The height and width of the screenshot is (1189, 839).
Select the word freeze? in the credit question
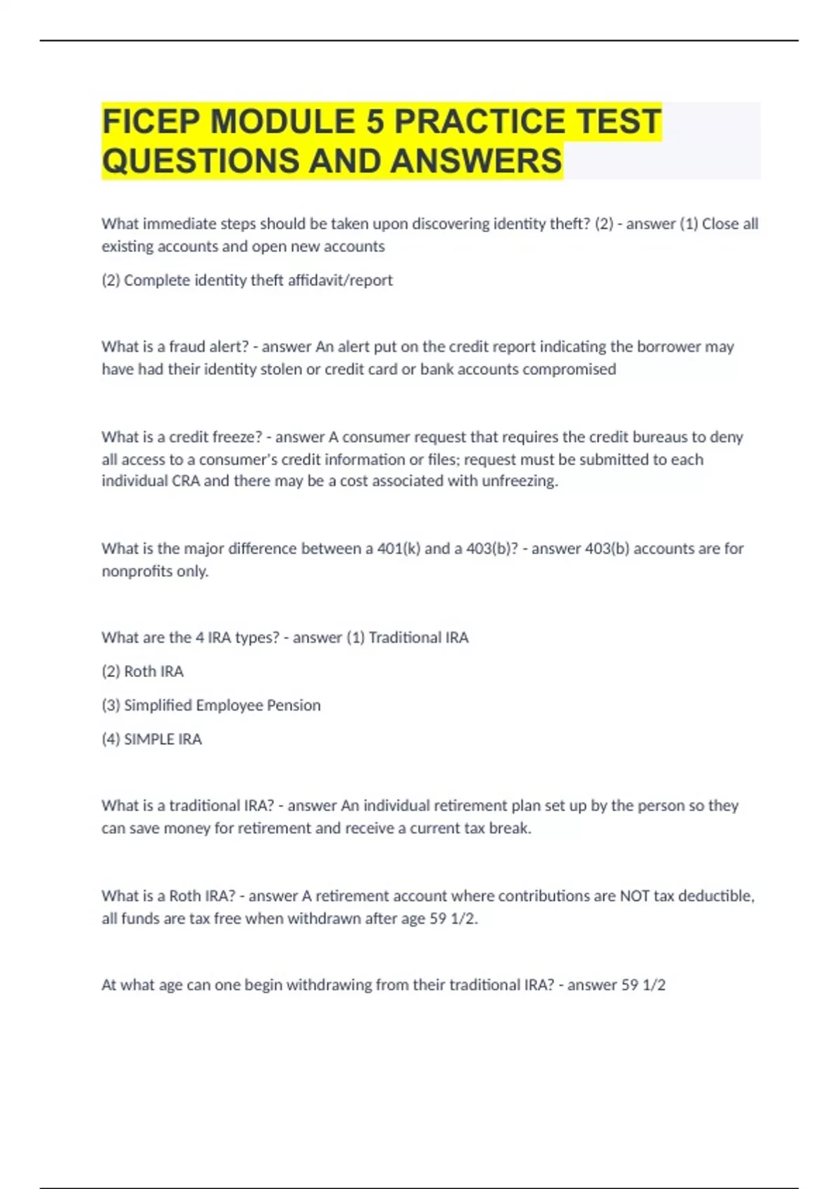(234, 436)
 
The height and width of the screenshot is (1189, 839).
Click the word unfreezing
(519, 480)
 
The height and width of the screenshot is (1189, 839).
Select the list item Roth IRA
(154, 671)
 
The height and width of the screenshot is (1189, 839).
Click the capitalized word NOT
(634, 895)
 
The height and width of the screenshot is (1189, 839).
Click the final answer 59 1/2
(643, 985)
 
